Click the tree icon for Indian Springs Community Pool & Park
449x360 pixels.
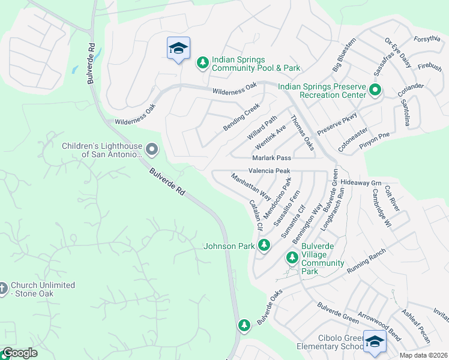pyautogui.click(x=203, y=62)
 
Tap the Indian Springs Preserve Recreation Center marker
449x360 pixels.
pyautogui.click(x=375, y=91)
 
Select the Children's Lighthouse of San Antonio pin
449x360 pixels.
pyautogui.click(x=152, y=148)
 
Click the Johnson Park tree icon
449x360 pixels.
pyautogui.click(x=264, y=245)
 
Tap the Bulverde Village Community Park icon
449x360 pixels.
pyautogui.click(x=292, y=257)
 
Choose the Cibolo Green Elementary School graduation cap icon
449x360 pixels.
pyautogui.click(x=375, y=341)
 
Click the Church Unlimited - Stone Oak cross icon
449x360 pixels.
pyautogui.click(x=2, y=289)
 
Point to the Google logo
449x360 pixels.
pyautogui.click(x=20, y=353)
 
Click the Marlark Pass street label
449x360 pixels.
pyautogui.click(x=271, y=158)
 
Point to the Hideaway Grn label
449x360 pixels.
pyautogui.click(x=361, y=182)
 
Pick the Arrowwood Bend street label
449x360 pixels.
pyautogui.click(x=379, y=322)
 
